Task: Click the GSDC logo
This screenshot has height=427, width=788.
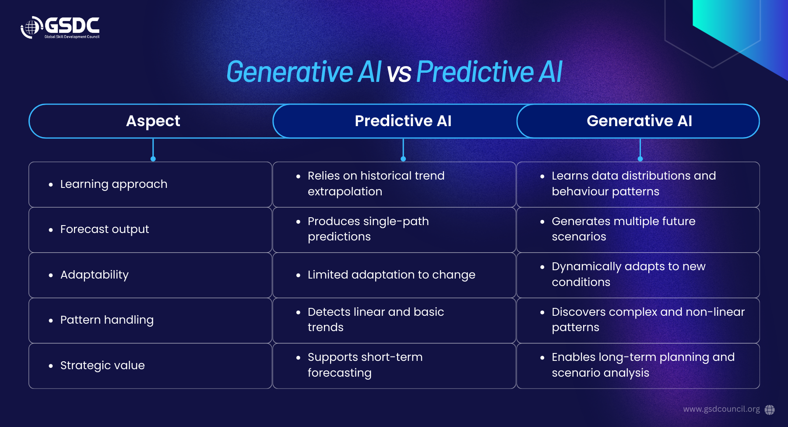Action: coord(60,28)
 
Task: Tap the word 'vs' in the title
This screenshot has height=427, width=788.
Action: coord(399,73)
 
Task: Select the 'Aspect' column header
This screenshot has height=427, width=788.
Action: coord(153,121)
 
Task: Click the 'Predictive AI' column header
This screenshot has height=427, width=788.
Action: coord(403,121)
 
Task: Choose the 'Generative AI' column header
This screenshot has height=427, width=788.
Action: coord(639,121)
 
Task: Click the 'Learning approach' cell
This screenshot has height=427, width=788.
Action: coord(150,184)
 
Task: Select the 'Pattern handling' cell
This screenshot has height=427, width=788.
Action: coord(150,321)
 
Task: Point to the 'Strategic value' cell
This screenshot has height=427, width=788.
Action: coord(150,366)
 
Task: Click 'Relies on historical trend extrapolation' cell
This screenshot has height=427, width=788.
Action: coord(394,184)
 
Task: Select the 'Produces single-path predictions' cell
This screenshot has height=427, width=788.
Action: coord(394,230)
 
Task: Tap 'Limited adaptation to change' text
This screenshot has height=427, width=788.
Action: coord(391,275)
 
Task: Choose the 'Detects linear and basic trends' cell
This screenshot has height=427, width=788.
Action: coord(394,321)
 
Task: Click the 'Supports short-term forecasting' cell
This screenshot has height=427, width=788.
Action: coord(394,366)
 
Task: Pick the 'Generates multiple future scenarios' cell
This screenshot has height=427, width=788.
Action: coord(638,230)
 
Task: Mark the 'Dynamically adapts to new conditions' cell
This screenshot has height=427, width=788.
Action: coord(638,275)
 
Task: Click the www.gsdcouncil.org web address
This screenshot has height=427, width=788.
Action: coord(721,409)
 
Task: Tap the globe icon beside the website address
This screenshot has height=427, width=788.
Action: coord(770,409)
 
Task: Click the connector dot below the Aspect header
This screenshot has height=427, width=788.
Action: coord(153,159)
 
